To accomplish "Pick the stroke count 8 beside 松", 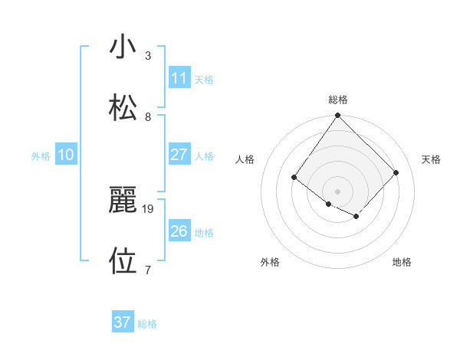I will (148, 116).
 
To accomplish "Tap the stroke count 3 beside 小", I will (148, 56).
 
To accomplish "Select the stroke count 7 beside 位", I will (148, 270).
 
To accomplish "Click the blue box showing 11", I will (179, 78).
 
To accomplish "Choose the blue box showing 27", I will (179, 155).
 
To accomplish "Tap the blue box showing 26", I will (179, 231).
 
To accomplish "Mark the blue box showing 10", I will (66, 155).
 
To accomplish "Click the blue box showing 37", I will (123, 322).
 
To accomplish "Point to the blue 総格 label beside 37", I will (147, 324).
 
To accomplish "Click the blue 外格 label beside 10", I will (41, 156).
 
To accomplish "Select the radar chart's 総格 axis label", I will (338, 100).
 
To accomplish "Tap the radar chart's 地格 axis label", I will (402, 262).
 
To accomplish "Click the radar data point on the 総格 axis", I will (338, 116).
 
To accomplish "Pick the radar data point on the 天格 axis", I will (396, 172).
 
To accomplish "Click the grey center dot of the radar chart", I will (338, 191).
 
